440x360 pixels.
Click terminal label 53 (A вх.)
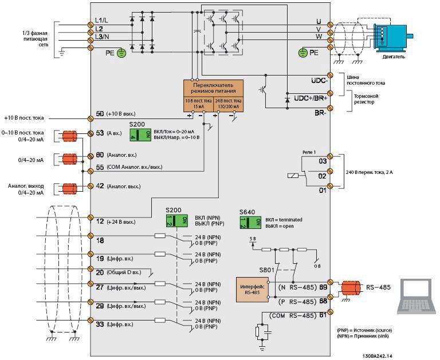coord(100,133)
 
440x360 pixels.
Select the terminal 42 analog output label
coord(100,186)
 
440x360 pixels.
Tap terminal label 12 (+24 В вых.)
coord(100,221)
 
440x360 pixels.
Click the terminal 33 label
coord(100,325)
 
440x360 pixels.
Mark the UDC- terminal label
coord(319,81)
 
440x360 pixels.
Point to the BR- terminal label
coord(319,113)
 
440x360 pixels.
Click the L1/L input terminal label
coord(103,21)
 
